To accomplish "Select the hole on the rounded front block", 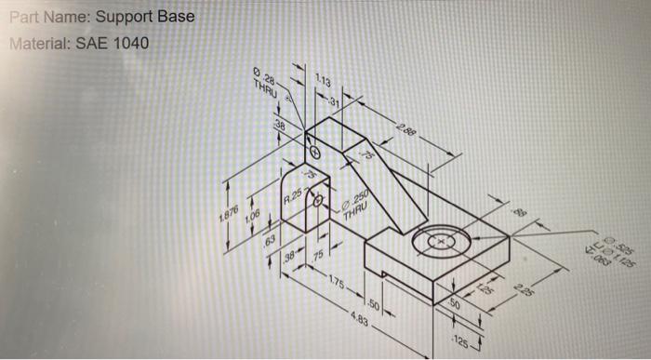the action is (x=319, y=199).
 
